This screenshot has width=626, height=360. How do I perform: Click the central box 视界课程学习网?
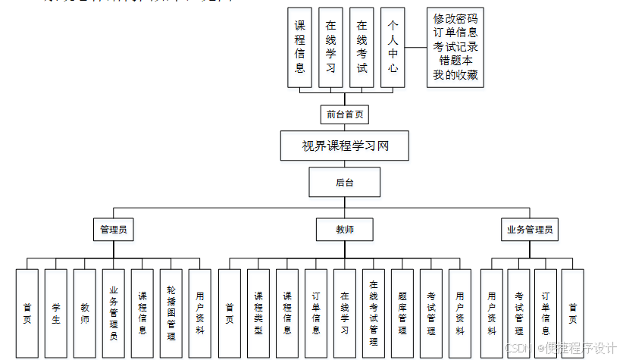coord(346,145)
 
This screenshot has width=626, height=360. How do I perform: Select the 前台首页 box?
coord(345,114)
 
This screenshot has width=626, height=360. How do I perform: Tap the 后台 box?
coord(345,182)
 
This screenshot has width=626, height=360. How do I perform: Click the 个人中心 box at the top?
coord(392,47)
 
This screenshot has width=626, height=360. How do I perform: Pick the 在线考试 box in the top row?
coord(362,47)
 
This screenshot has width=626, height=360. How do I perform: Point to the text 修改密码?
coord(455,18)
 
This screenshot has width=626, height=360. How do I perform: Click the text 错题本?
coord(455,61)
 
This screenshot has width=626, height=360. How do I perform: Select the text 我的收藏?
coord(455,75)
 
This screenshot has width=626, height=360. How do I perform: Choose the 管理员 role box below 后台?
coord(114,229)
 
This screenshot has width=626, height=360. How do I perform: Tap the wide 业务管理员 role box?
coord(530,229)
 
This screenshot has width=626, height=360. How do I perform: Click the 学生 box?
coord(56,313)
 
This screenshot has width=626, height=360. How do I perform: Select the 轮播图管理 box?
coord(171,313)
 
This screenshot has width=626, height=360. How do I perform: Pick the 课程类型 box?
coord(258,313)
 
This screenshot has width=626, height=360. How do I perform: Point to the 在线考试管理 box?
coord(374,313)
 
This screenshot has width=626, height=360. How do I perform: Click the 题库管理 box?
coord(402,313)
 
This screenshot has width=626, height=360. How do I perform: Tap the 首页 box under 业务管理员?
coord(573,313)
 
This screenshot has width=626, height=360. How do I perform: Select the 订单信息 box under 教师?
coord(316,313)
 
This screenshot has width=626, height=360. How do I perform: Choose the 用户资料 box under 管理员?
coord(200,313)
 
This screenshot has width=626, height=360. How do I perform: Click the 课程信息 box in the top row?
coord(300,47)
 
